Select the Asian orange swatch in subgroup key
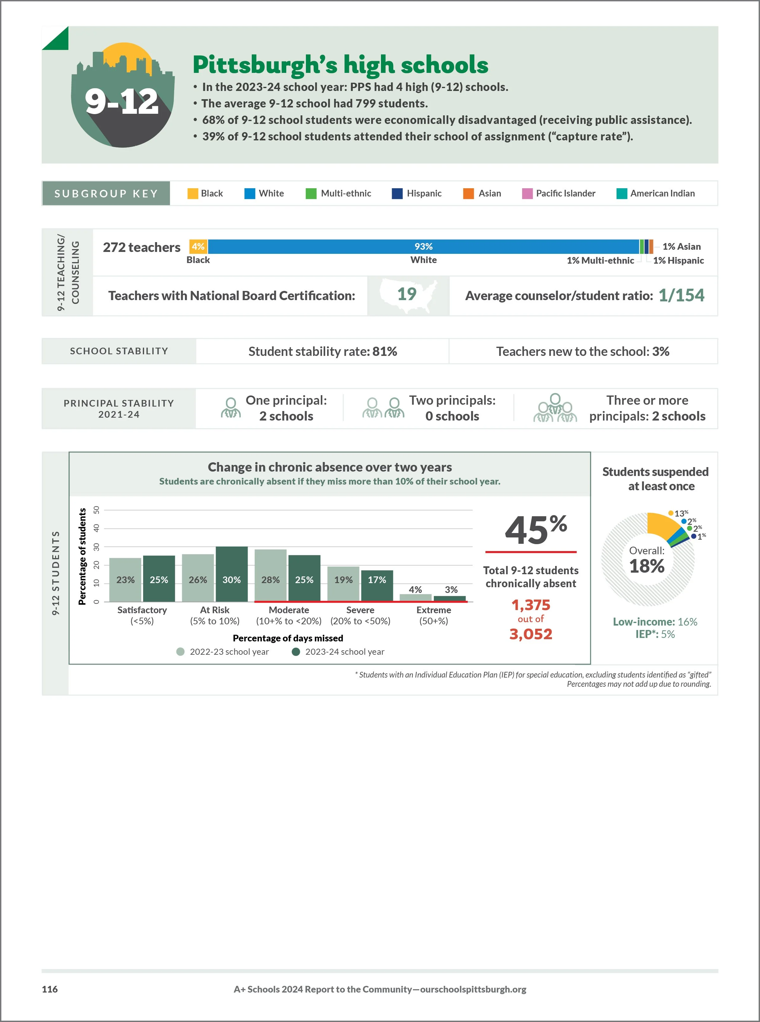pos(468,193)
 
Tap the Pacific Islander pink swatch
pos(527,193)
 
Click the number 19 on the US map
pos(407,294)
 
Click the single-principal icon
pos(231,408)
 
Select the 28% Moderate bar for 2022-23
pos(270,575)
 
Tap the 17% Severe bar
pos(377,586)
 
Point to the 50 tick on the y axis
pos(96,510)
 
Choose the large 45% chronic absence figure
pos(535,530)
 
